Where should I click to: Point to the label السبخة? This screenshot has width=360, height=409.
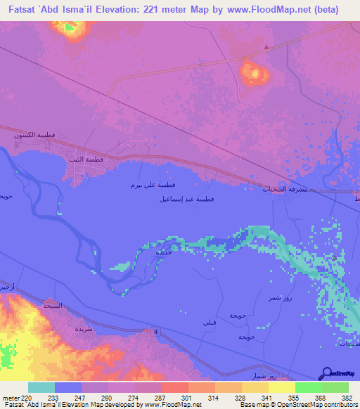53,305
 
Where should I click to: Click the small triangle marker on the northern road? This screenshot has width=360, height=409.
266,48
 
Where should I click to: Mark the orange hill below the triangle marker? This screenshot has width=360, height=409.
254,72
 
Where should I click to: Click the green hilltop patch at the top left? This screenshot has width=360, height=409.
68,28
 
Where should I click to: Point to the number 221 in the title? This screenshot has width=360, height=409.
152,10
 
